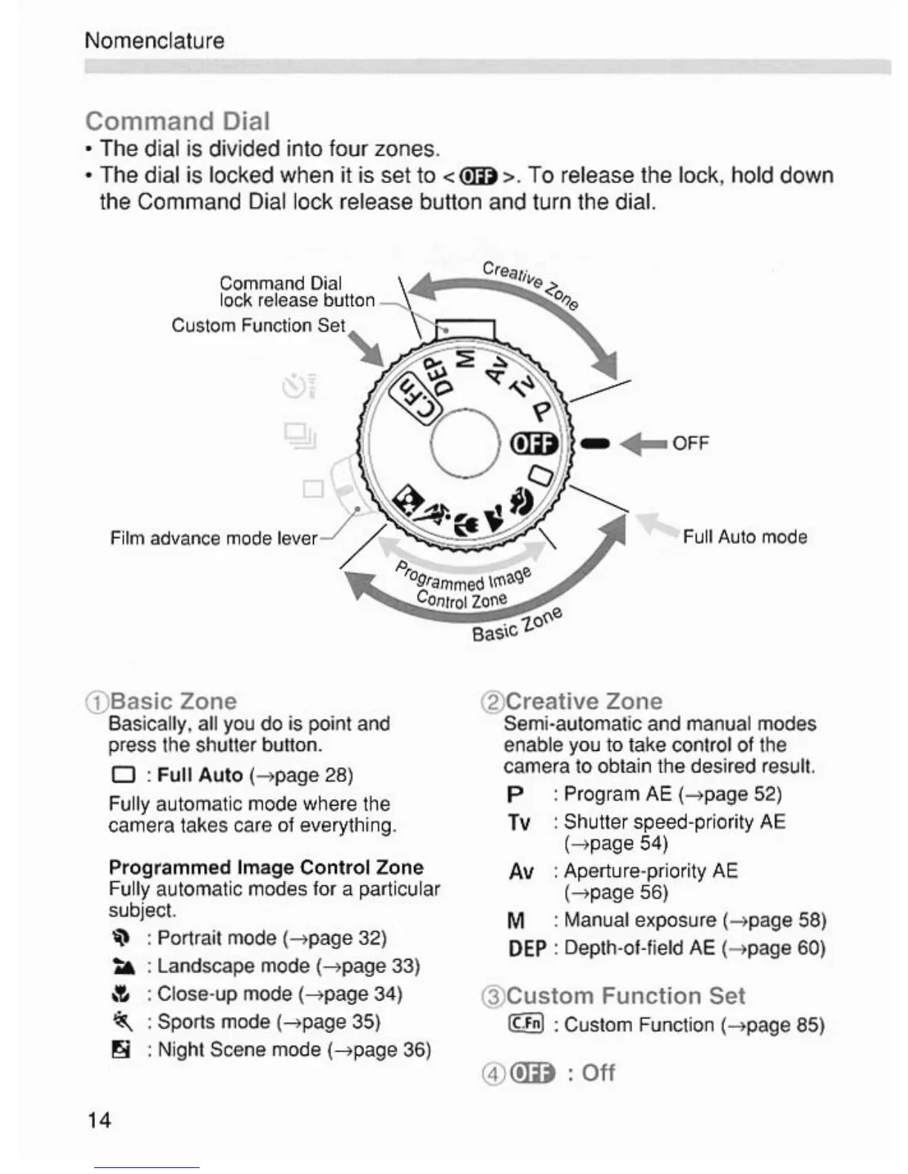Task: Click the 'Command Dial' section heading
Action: (x=177, y=121)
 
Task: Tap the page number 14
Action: (x=99, y=1119)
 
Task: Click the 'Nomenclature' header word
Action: (x=154, y=40)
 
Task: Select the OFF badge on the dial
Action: (x=533, y=443)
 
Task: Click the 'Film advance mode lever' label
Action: (x=214, y=537)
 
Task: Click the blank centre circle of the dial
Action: (x=466, y=445)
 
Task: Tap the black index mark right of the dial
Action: (x=596, y=443)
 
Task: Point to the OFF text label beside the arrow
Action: (x=691, y=443)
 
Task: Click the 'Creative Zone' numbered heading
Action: (x=583, y=700)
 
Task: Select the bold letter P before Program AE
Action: (x=515, y=795)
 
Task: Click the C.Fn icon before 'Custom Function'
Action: (x=526, y=1024)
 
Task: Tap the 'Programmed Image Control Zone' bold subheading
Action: (x=266, y=866)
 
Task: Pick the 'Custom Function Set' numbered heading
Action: (x=625, y=995)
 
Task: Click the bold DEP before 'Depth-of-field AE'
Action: (x=527, y=948)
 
